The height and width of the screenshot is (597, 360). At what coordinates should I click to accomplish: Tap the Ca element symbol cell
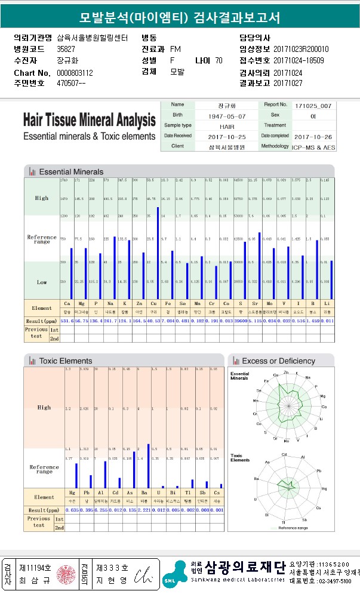67,304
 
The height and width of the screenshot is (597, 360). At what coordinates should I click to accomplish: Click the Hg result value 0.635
72,510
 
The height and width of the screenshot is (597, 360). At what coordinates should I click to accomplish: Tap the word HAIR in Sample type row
227,126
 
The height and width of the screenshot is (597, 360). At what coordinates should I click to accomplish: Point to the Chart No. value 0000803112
75,73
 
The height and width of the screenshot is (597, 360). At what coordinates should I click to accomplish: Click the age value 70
219,60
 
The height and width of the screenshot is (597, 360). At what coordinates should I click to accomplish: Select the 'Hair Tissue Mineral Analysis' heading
90,121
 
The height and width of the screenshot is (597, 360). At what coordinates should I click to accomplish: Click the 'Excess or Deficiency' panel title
278,361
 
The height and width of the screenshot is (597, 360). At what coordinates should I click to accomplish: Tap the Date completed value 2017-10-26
312,136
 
